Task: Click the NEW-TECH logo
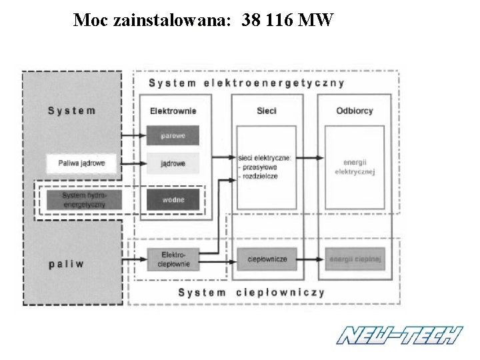(x=399, y=335)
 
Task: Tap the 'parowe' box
(x=173, y=136)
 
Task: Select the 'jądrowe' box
(x=173, y=163)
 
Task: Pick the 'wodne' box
(x=173, y=199)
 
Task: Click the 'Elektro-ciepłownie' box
(x=173, y=259)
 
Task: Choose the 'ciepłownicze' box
(x=267, y=259)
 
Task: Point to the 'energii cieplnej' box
(x=354, y=259)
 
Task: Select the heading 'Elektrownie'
(x=173, y=111)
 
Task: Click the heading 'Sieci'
(x=267, y=111)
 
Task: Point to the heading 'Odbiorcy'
(x=354, y=111)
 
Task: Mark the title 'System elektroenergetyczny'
(x=246, y=83)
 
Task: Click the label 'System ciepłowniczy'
(x=251, y=293)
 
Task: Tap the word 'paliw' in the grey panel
(x=67, y=263)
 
